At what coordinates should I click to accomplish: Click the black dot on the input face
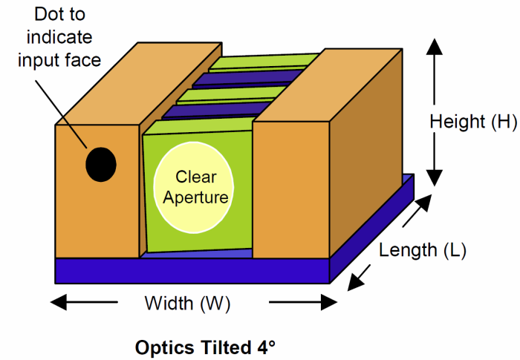100,164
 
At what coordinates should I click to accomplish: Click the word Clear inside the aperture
195,177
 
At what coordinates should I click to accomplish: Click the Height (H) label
473,122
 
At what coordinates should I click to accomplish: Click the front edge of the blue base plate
192,271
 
